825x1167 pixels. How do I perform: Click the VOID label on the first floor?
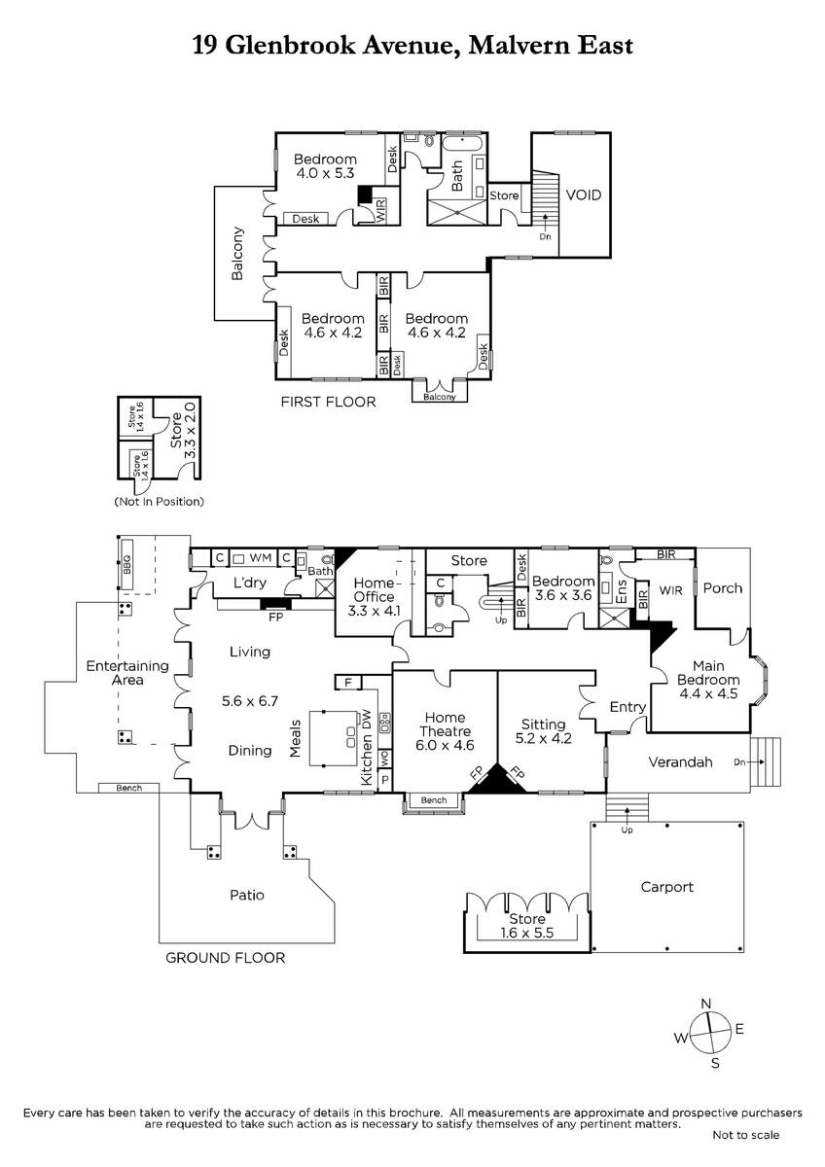click(583, 194)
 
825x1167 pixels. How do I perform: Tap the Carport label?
click(667, 887)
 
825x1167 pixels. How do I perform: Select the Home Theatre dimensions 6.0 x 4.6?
click(445, 745)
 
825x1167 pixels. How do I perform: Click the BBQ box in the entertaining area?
click(126, 564)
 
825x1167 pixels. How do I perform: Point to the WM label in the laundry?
click(260, 557)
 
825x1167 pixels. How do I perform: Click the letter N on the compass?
click(706, 1003)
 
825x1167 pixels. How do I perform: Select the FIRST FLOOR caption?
click(328, 402)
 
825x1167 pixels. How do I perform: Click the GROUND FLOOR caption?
click(225, 958)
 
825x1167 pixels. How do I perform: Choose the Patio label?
click(247, 895)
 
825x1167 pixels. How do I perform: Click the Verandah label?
click(680, 762)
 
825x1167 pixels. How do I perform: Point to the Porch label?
click(722, 588)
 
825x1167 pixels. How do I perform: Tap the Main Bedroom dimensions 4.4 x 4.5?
click(708, 693)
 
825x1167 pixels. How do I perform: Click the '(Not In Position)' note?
click(159, 502)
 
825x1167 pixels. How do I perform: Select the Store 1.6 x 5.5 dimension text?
click(527, 933)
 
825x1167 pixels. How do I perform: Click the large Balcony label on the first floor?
click(237, 253)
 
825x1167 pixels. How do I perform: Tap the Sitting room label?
click(544, 725)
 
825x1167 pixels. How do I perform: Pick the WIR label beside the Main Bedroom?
click(670, 590)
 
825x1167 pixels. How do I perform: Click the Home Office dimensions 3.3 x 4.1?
click(374, 611)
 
